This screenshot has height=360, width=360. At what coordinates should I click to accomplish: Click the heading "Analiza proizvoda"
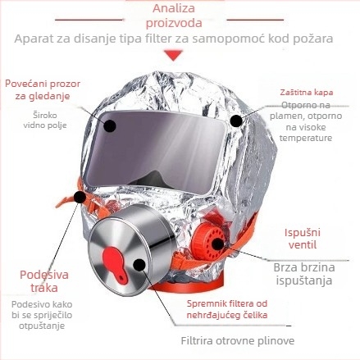pyautogui.click(x=174, y=16)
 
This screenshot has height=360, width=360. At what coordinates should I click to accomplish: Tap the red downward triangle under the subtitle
pyautogui.click(x=173, y=55)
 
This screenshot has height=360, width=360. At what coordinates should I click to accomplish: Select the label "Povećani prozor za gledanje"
pyautogui.click(x=43, y=89)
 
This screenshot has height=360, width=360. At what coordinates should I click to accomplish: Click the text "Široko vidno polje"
pyautogui.click(x=45, y=120)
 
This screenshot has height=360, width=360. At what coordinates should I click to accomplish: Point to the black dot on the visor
pyautogui.click(x=110, y=125)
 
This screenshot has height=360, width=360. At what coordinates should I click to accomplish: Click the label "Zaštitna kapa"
pyautogui.click(x=307, y=93)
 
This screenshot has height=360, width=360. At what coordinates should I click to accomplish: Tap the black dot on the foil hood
pyautogui.click(x=236, y=121)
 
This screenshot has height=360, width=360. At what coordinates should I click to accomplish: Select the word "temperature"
pyautogui.click(x=306, y=138)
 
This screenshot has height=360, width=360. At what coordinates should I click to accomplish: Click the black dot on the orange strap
pyautogui.click(x=80, y=197)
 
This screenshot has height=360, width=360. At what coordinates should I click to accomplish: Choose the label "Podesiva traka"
pyautogui.click(x=44, y=281)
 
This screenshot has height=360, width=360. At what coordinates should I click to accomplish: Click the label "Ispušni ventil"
pyautogui.click(x=303, y=239)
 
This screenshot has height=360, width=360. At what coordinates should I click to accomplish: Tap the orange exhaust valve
pyautogui.click(x=208, y=241)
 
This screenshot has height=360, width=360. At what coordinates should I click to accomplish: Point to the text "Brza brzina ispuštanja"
pyautogui.click(x=304, y=274)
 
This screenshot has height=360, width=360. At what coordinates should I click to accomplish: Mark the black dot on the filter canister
pyautogui.click(x=139, y=265)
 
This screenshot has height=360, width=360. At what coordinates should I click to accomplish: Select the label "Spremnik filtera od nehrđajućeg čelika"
pyautogui.click(x=227, y=309)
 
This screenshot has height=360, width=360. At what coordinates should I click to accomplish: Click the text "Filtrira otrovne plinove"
pyautogui.click(x=238, y=341)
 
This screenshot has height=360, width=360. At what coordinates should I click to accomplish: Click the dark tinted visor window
pyautogui.click(x=155, y=151)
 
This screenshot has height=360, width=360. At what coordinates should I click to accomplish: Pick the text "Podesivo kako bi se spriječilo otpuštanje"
pyautogui.click(x=42, y=315)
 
